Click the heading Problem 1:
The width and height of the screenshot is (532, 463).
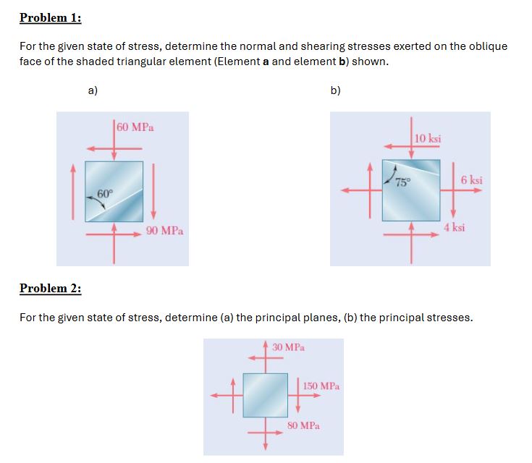pyautogui.click(x=51, y=17)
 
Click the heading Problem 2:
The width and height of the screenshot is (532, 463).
pyautogui.click(x=51, y=289)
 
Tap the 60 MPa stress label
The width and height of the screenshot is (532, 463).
pyautogui.click(x=135, y=127)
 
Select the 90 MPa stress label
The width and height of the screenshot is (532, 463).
pyautogui.click(x=164, y=231)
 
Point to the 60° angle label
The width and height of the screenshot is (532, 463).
pyautogui.click(x=105, y=193)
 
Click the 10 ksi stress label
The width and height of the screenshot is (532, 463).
pyautogui.click(x=429, y=138)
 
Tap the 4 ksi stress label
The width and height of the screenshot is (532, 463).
pyautogui.click(x=455, y=227)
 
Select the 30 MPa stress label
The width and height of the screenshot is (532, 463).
pyautogui.click(x=289, y=347)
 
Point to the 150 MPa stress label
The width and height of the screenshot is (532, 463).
pyautogui.click(x=321, y=386)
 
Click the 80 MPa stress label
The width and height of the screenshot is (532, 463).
pyautogui.click(x=303, y=426)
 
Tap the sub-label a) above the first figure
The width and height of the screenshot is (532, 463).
pyautogui.click(x=93, y=90)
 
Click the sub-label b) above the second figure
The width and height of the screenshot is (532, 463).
pyautogui.click(x=335, y=90)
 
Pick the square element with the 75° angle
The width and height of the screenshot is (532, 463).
pyautogui.click(x=411, y=190)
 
